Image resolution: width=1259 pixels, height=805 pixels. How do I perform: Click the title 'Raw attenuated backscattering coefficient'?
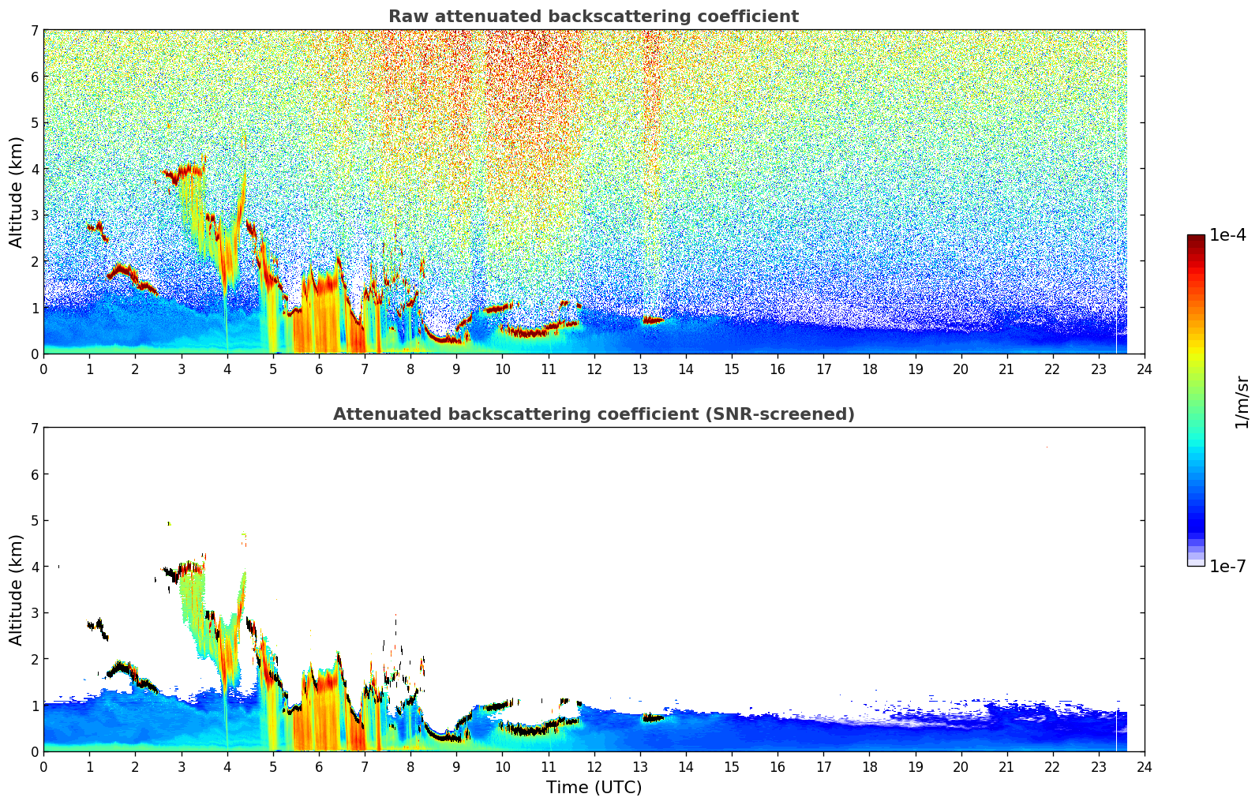click(x=593, y=17)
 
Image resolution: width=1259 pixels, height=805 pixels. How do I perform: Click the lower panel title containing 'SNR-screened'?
click(x=593, y=414)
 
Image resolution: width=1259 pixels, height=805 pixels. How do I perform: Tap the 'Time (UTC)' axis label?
click(x=594, y=788)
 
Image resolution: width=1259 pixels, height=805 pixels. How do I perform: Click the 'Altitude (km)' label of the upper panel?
click(x=17, y=192)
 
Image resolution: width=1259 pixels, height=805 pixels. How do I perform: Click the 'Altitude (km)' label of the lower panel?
click(x=17, y=590)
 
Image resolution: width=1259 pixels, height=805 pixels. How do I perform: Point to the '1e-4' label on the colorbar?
click(x=1227, y=235)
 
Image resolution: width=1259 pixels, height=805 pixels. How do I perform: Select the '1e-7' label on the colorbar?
click(x=1227, y=566)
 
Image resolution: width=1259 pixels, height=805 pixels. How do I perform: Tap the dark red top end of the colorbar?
click(x=1196, y=238)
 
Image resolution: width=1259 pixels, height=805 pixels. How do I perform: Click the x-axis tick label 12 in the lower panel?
click(x=594, y=767)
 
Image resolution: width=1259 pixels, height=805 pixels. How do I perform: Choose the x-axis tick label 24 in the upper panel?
click(x=1145, y=369)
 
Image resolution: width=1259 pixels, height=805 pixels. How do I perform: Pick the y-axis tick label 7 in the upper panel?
click(x=34, y=31)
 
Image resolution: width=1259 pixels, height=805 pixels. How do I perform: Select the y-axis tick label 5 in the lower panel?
click(x=34, y=521)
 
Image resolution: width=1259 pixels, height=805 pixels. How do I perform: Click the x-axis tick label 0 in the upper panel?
click(x=43, y=369)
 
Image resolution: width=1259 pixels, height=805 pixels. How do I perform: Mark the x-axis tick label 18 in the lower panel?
click(x=869, y=767)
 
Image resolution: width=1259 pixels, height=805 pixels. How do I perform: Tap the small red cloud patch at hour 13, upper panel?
click(x=653, y=320)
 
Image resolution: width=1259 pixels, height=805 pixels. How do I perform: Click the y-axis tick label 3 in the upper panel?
click(x=34, y=215)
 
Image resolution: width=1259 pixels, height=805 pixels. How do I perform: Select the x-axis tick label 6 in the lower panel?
click(x=319, y=767)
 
